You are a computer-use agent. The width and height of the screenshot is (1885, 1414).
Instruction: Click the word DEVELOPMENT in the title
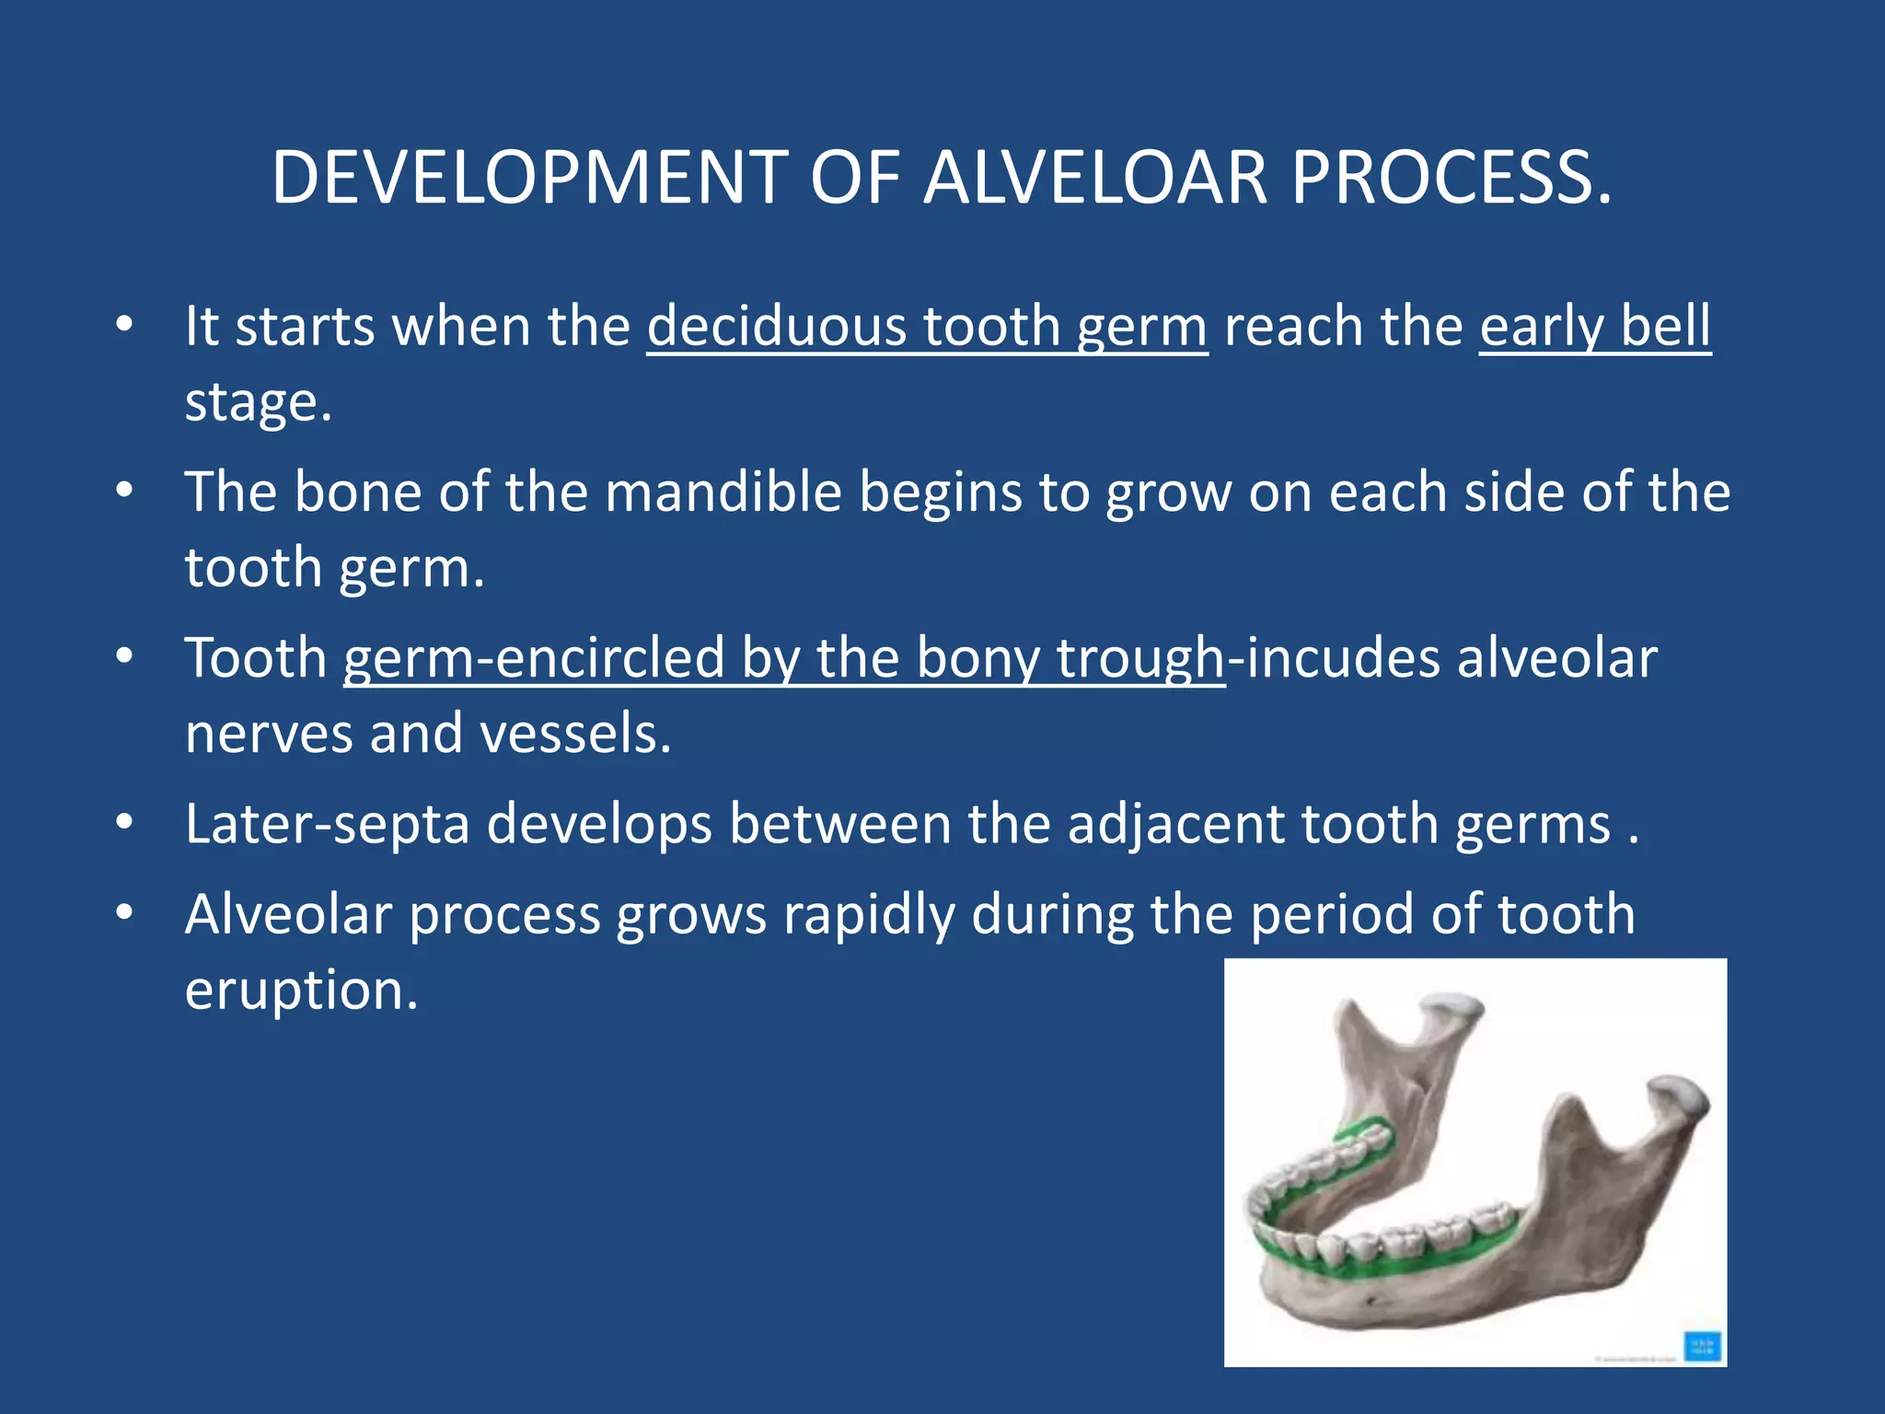(529, 177)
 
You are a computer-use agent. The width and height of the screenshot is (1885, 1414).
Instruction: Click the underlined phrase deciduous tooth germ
(926, 326)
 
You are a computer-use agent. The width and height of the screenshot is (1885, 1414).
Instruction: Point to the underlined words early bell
(1594, 326)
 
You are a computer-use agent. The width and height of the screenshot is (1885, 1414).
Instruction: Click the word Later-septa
(327, 823)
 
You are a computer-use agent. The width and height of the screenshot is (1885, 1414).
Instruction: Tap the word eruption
(300, 991)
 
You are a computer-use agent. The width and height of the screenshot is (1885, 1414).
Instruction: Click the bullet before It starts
(125, 324)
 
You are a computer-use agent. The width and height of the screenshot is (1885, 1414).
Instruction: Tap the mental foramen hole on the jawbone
(1374, 1300)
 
